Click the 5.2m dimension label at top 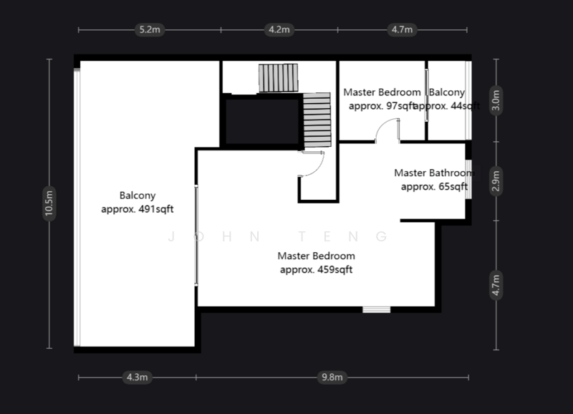coord(150,30)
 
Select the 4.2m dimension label coord(278,30)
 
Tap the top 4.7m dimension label coord(401,30)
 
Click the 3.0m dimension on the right coord(496,100)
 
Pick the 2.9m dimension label coord(496,180)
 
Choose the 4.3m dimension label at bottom coord(137,377)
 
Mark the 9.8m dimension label coord(333,377)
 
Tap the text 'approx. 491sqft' coord(138,210)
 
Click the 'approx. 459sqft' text coord(316,270)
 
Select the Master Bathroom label coord(433,173)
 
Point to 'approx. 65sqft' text coord(434,186)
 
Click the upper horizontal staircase coord(277,78)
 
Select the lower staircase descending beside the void coord(315,120)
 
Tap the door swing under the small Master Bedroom coord(387,131)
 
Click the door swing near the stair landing coord(310,165)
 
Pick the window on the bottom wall coord(376,309)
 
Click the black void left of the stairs coord(261,122)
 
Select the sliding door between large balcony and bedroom coord(196,236)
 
